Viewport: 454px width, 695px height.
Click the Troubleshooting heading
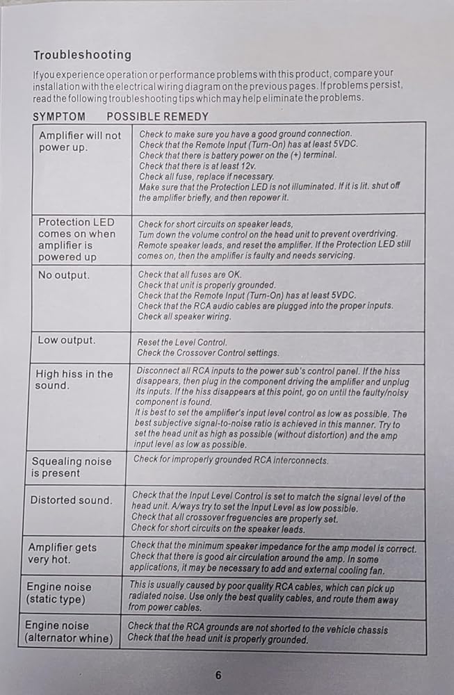(x=82, y=55)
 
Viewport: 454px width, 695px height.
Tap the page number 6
(x=218, y=673)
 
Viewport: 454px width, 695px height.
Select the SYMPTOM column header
(x=59, y=117)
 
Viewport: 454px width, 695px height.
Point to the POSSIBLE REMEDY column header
(x=157, y=117)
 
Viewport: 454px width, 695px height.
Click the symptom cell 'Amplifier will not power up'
(x=79, y=141)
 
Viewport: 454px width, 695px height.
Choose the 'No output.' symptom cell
(x=64, y=275)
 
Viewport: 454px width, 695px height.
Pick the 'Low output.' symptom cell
(x=67, y=340)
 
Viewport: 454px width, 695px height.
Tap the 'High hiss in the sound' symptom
(x=74, y=379)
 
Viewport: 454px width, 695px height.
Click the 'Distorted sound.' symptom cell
(x=71, y=500)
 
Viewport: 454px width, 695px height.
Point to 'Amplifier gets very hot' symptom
(x=63, y=553)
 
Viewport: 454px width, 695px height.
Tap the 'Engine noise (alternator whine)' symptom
(x=68, y=631)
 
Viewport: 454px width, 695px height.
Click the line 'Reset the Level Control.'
(x=184, y=343)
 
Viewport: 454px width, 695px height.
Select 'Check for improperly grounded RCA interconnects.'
(x=231, y=459)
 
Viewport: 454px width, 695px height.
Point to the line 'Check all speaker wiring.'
(x=184, y=316)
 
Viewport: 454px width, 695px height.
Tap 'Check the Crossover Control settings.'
(x=209, y=353)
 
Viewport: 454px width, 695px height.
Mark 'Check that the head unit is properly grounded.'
(x=218, y=639)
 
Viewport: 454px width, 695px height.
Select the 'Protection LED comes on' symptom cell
(x=76, y=239)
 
